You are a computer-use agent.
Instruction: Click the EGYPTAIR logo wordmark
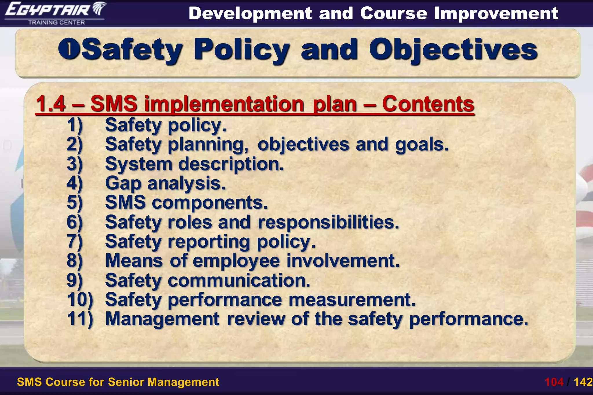48,10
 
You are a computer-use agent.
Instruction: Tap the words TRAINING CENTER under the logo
56,23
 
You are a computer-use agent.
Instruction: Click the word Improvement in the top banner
496,13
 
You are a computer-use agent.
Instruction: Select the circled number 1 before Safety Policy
68,49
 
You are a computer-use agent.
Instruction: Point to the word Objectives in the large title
453,50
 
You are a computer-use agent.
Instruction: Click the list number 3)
75,164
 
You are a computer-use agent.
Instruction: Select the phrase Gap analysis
165,183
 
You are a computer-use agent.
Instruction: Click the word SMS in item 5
125,202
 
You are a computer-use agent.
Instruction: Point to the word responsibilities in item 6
328,222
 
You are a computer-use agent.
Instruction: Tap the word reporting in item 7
209,241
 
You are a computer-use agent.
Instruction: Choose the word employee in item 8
236,261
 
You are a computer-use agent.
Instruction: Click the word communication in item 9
239,280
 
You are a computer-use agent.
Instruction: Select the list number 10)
80,300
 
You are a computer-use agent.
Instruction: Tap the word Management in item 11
162,319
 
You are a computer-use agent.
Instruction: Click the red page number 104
554,382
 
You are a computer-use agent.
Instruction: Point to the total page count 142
583,382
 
